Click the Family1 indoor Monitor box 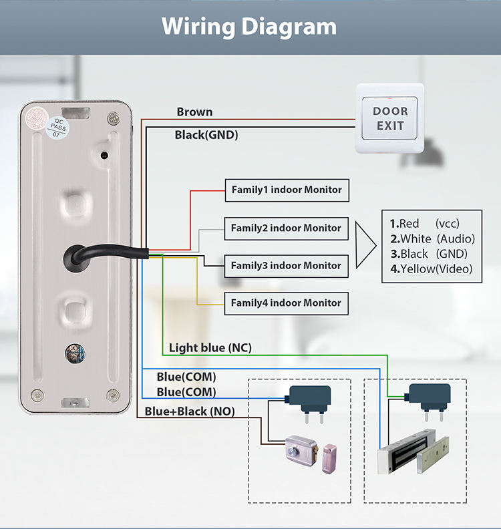[x=287, y=190]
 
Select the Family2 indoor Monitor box [x=286, y=228]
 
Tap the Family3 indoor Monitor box [x=286, y=266]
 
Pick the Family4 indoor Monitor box [x=286, y=303]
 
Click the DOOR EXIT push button [x=389, y=118]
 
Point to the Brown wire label [x=194, y=112]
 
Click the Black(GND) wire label [x=206, y=135]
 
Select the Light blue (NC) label [x=210, y=348]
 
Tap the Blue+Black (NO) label [x=190, y=411]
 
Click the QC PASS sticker [x=57, y=128]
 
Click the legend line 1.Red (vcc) [x=424, y=224]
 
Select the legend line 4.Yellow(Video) [x=431, y=269]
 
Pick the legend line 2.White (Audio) [x=432, y=239]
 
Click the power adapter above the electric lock [x=309, y=403]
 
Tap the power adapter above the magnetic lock [x=428, y=401]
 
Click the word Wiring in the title [x=198, y=27]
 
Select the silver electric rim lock [x=302, y=450]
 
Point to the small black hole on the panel [x=104, y=156]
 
